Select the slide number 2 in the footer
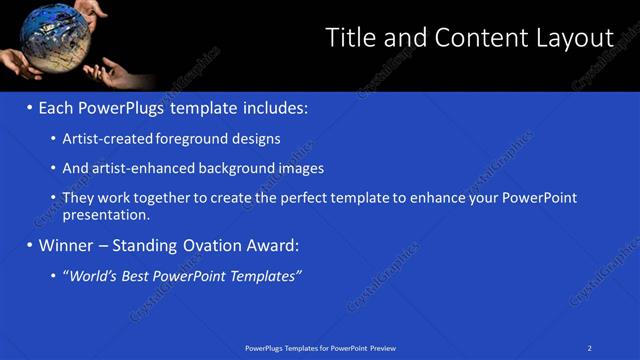590,348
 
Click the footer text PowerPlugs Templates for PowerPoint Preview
320,348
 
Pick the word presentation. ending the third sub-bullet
106,214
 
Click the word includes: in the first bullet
272,107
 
